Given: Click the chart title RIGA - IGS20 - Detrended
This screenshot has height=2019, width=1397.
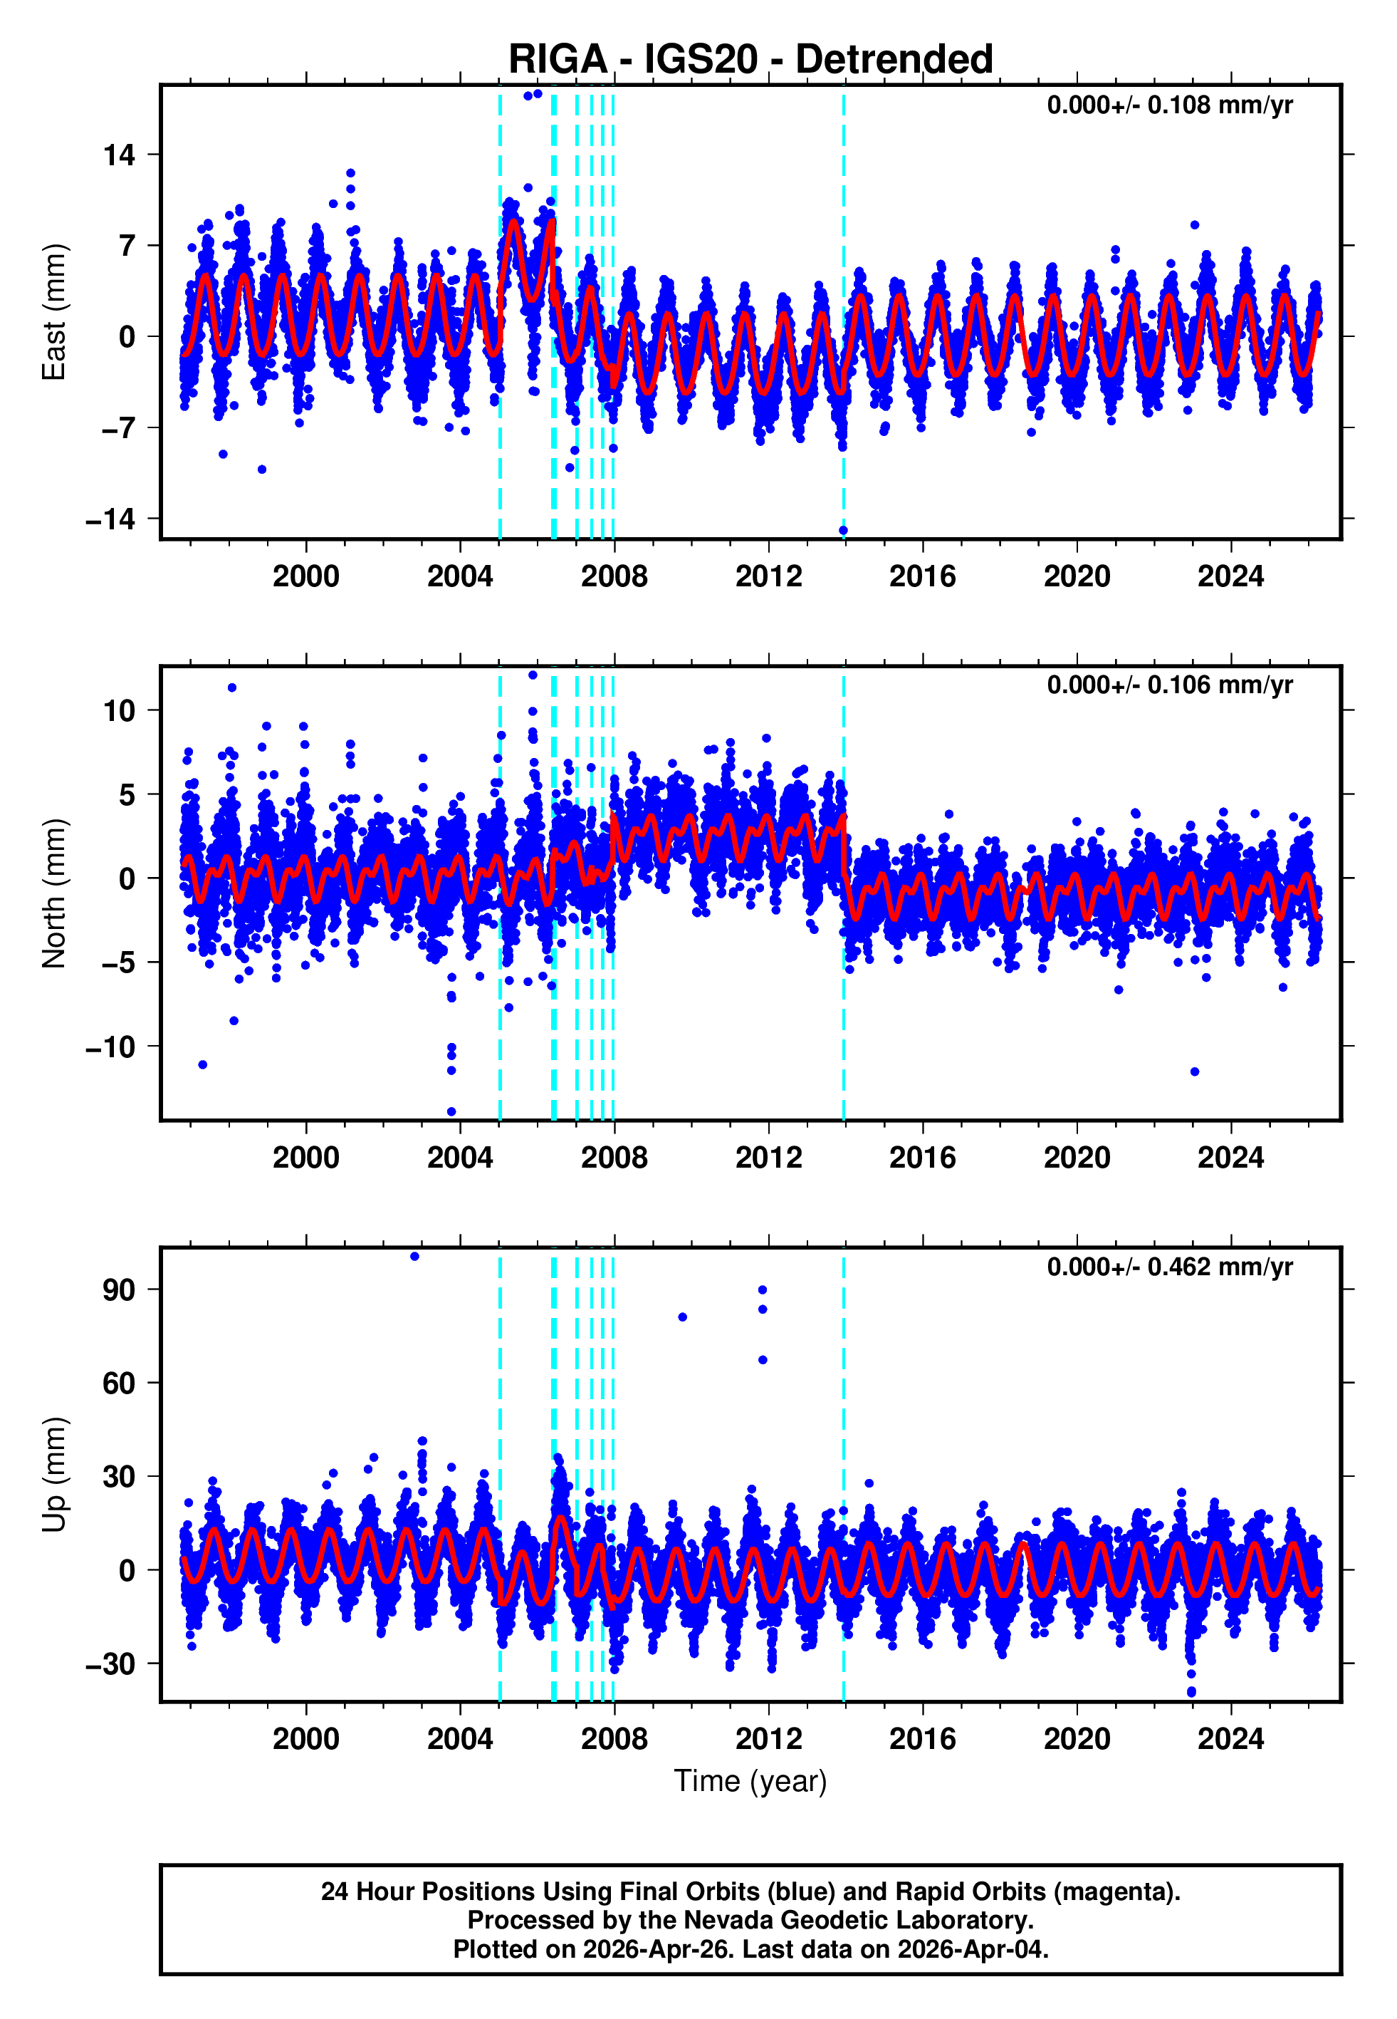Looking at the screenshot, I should click(750, 60).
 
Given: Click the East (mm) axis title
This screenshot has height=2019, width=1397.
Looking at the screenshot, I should click(54, 313).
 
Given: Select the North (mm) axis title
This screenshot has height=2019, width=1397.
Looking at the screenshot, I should click(54, 893).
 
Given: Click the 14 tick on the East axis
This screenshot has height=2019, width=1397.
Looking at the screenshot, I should click(120, 155).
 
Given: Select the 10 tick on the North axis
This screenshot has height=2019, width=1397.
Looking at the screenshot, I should click(120, 711).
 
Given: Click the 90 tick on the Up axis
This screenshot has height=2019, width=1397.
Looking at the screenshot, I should click(120, 1289).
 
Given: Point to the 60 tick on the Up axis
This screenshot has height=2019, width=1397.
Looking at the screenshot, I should click(120, 1384).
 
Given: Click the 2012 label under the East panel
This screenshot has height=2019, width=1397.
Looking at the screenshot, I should click(768, 576).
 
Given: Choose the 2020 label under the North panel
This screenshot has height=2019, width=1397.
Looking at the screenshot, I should click(1077, 1158).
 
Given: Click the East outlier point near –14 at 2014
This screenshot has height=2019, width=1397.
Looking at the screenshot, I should click(843, 531).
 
